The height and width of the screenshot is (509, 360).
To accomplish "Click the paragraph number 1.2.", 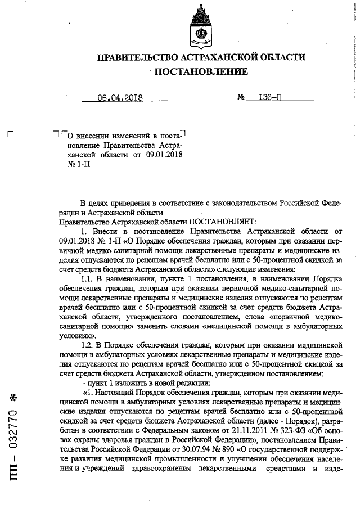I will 88,344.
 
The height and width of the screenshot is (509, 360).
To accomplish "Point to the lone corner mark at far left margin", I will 8,134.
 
